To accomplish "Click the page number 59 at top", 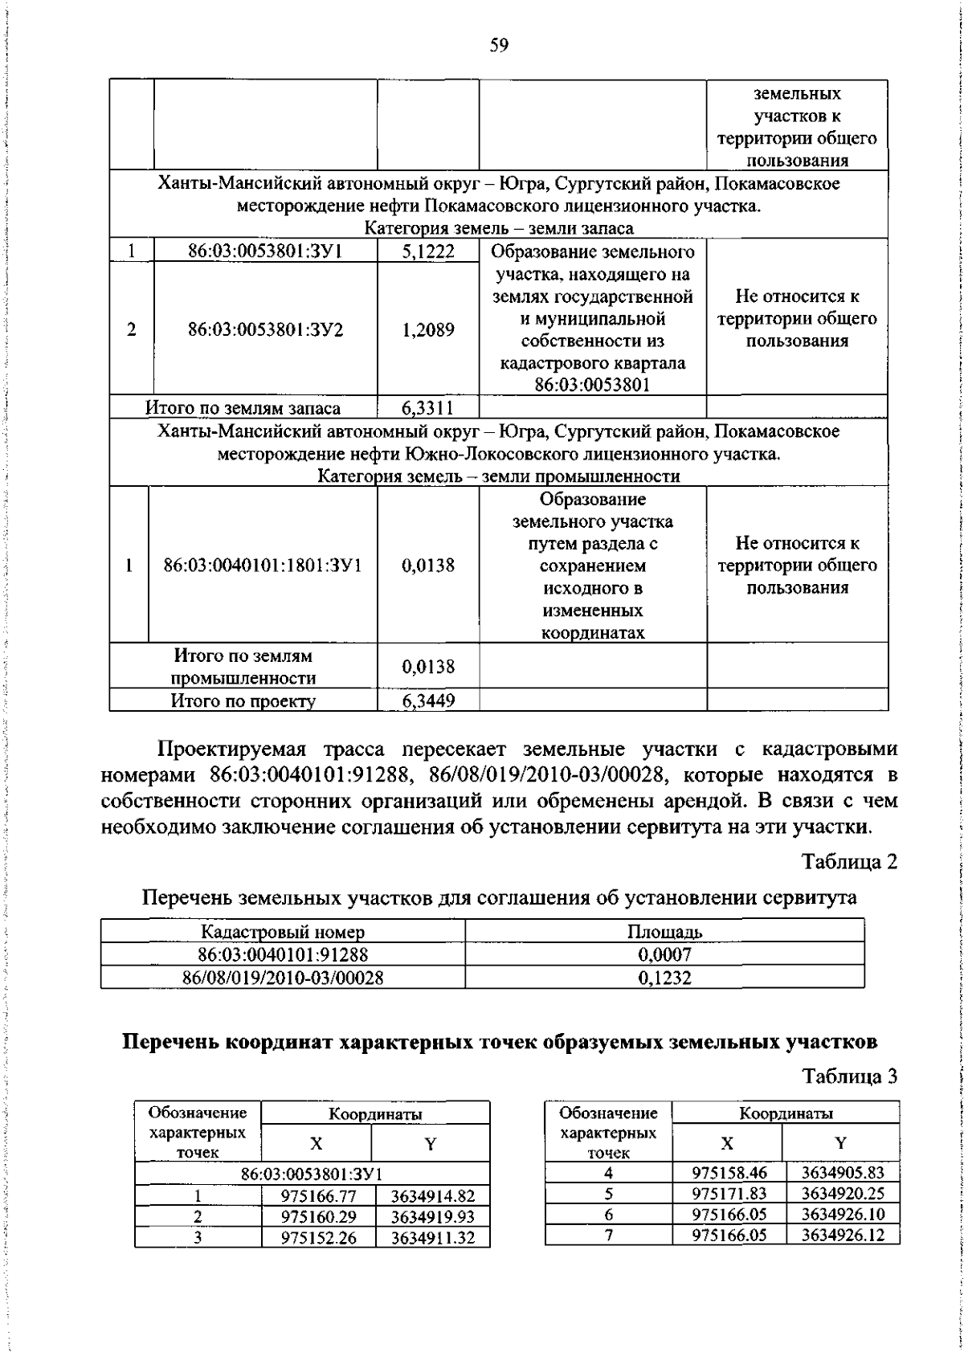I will (499, 46).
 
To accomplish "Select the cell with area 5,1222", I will (428, 251).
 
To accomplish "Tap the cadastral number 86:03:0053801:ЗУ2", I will (265, 329).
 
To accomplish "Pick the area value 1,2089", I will (428, 329).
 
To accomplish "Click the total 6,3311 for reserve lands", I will (428, 407).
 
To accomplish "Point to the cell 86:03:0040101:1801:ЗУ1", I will (263, 566).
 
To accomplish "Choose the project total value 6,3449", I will (428, 701).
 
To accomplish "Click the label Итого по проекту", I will (243, 701).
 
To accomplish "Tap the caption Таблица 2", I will (849, 862).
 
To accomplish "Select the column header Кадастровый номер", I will (283, 932).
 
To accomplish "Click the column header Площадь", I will (664, 932).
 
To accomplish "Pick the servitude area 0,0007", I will (664, 955).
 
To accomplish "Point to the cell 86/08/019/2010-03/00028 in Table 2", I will (283, 978).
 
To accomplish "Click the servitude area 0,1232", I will (664, 978).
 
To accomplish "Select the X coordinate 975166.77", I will (318, 1196).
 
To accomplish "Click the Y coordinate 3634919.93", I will (433, 1217).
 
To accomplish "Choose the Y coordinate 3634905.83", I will (842, 1173).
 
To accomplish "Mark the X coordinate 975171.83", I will (729, 1194).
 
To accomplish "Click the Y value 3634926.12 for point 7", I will (842, 1235).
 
